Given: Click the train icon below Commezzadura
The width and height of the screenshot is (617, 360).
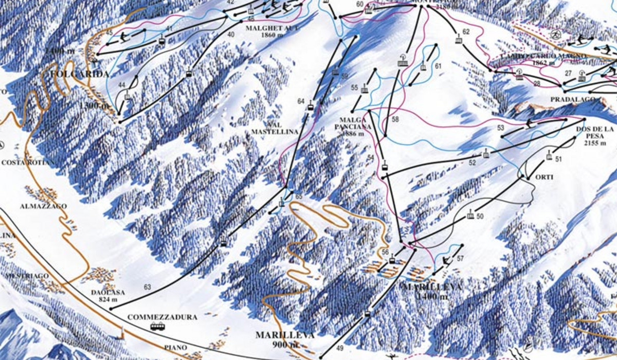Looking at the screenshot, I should (158, 327).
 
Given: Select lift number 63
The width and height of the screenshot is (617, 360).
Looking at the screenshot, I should (148, 287).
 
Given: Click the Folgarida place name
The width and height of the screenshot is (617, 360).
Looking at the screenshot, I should (80, 75).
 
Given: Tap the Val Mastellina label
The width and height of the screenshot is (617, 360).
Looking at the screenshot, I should (275, 128).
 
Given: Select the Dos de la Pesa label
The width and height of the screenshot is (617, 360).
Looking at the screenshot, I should (600, 136).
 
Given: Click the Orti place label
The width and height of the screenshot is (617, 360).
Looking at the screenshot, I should (545, 177).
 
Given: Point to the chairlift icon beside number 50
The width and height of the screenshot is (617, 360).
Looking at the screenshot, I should (470, 215).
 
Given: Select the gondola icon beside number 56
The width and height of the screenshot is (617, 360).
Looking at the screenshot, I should (392, 260).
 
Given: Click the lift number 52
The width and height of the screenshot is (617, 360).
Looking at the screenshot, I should (473, 163).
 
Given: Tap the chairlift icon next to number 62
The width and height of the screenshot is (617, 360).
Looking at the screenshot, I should (458, 39).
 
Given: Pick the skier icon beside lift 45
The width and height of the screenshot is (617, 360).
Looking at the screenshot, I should (123, 37).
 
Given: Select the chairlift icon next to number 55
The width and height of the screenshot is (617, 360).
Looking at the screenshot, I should (365, 89).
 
